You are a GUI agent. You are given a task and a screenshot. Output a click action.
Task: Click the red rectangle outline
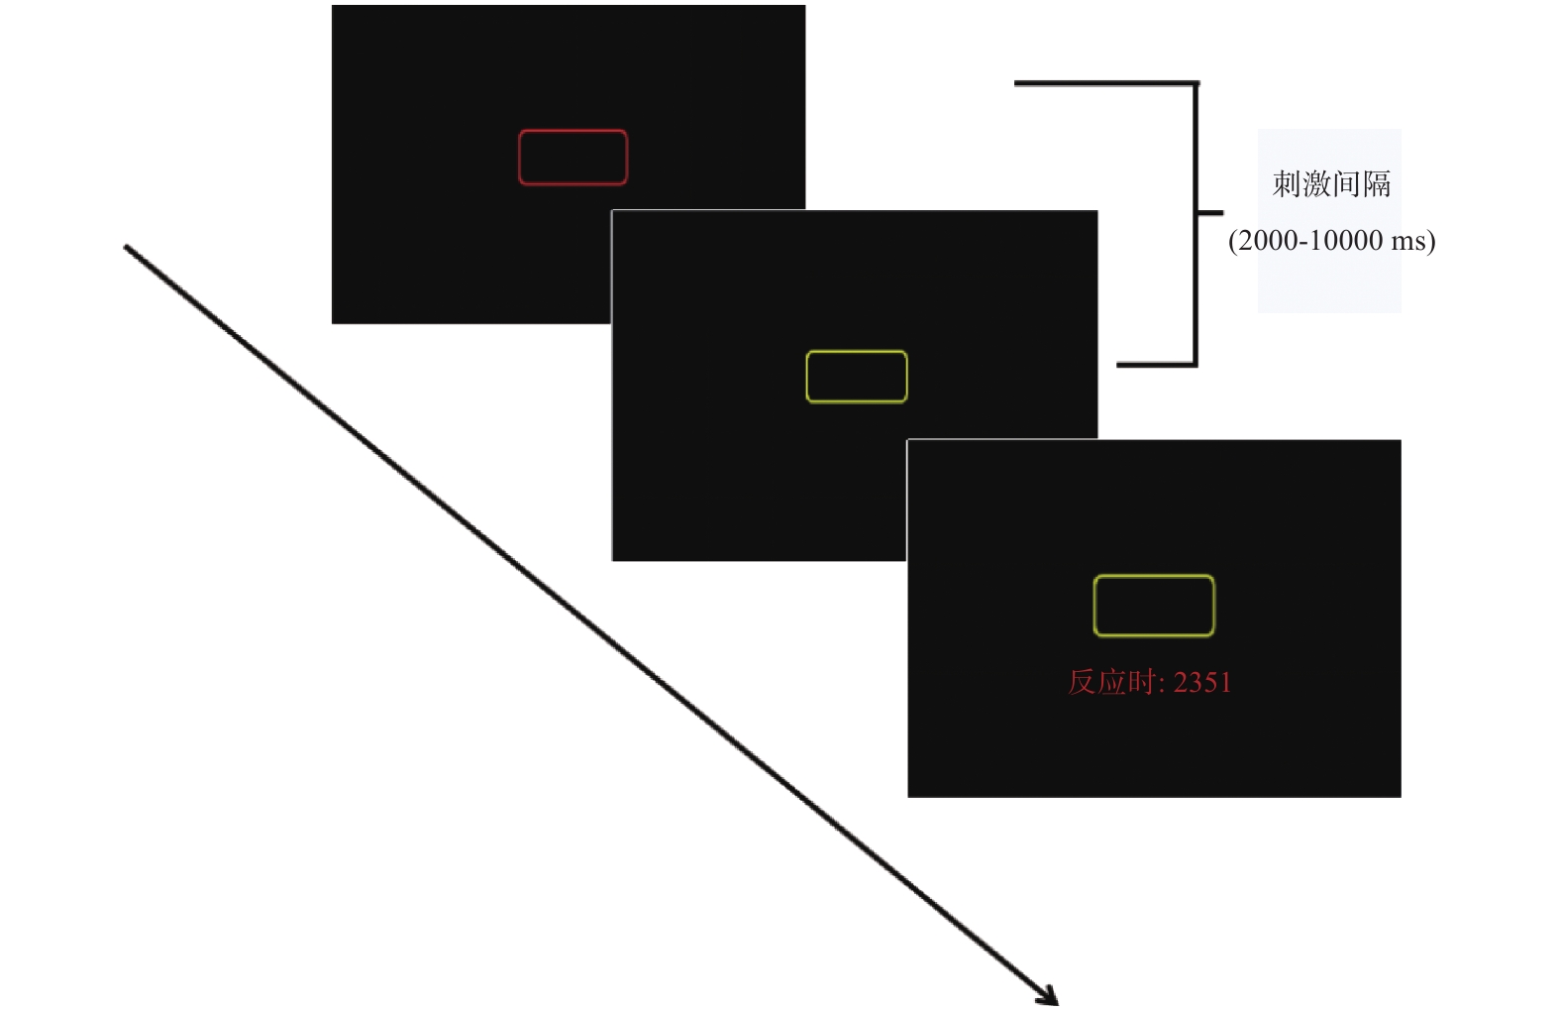(x=572, y=131)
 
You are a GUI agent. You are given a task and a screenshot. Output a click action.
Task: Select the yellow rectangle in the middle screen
(x=857, y=352)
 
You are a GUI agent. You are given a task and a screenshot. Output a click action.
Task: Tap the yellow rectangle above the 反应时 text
(x=1154, y=576)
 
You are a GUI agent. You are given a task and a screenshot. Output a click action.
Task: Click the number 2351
(x=1202, y=683)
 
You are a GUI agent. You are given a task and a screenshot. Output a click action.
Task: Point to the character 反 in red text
(x=1081, y=682)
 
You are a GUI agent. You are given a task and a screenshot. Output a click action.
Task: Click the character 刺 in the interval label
(x=1287, y=184)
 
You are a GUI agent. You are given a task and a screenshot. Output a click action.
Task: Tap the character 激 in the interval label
(x=1316, y=184)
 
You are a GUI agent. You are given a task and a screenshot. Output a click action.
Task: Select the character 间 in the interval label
(x=1347, y=184)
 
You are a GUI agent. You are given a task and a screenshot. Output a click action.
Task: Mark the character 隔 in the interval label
(x=1377, y=184)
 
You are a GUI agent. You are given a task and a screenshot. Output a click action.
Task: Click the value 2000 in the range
(x=1268, y=241)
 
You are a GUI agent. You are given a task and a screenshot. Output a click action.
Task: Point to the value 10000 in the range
(x=1346, y=241)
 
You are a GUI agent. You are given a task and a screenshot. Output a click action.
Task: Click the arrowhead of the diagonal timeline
(x=1050, y=997)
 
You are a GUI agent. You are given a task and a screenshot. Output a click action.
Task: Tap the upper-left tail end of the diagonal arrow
(x=127, y=248)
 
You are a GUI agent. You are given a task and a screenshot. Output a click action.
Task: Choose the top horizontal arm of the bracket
(x=1104, y=83)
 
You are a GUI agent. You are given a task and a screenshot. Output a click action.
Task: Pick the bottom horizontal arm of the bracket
(x=1155, y=365)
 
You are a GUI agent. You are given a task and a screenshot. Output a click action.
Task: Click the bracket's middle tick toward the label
(x=1211, y=212)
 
